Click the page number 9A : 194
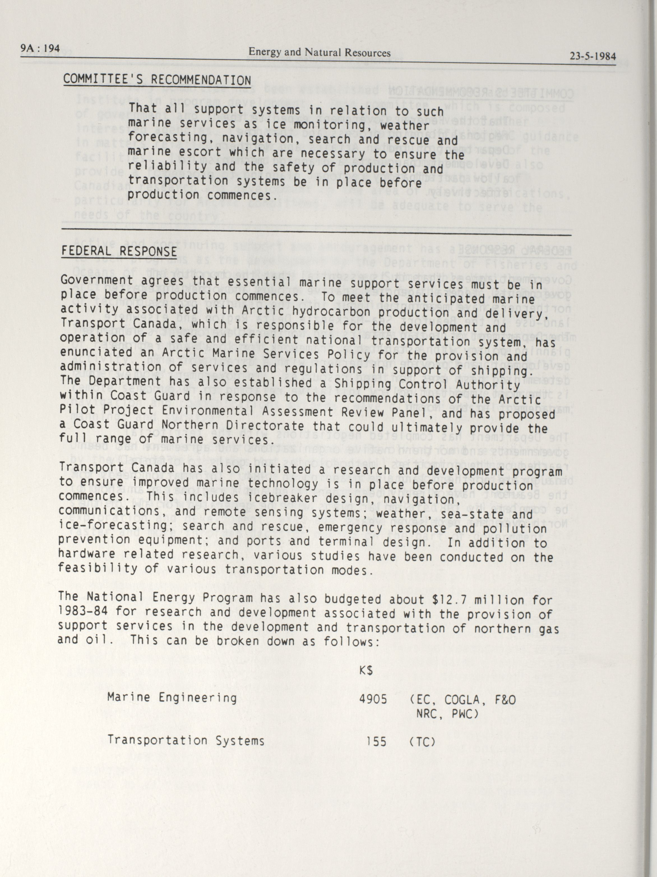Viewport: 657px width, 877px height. coord(40,49)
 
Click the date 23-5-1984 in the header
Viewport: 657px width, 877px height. coord(593,56)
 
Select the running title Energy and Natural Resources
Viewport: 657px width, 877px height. coord(319,53)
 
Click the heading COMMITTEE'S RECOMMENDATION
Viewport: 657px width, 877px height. coord(157,80)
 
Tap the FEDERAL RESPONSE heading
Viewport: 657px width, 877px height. coord(119,251)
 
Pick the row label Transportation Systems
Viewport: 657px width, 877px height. coord(186,740)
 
